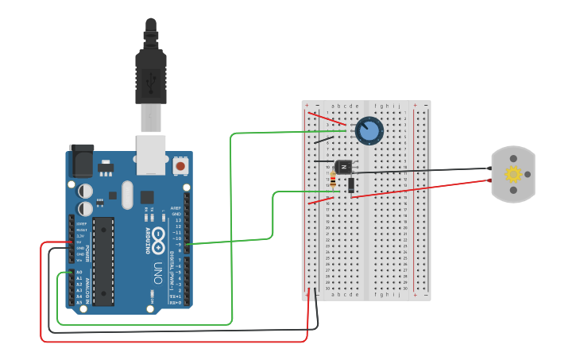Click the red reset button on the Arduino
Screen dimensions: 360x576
point(180,167)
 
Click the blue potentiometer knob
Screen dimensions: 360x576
point(369,130)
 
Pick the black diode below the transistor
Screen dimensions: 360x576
point(350,186)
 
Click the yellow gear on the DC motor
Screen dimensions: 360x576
point(513,174)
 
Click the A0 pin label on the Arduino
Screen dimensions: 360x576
point(78,273)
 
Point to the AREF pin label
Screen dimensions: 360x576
point(176,207)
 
